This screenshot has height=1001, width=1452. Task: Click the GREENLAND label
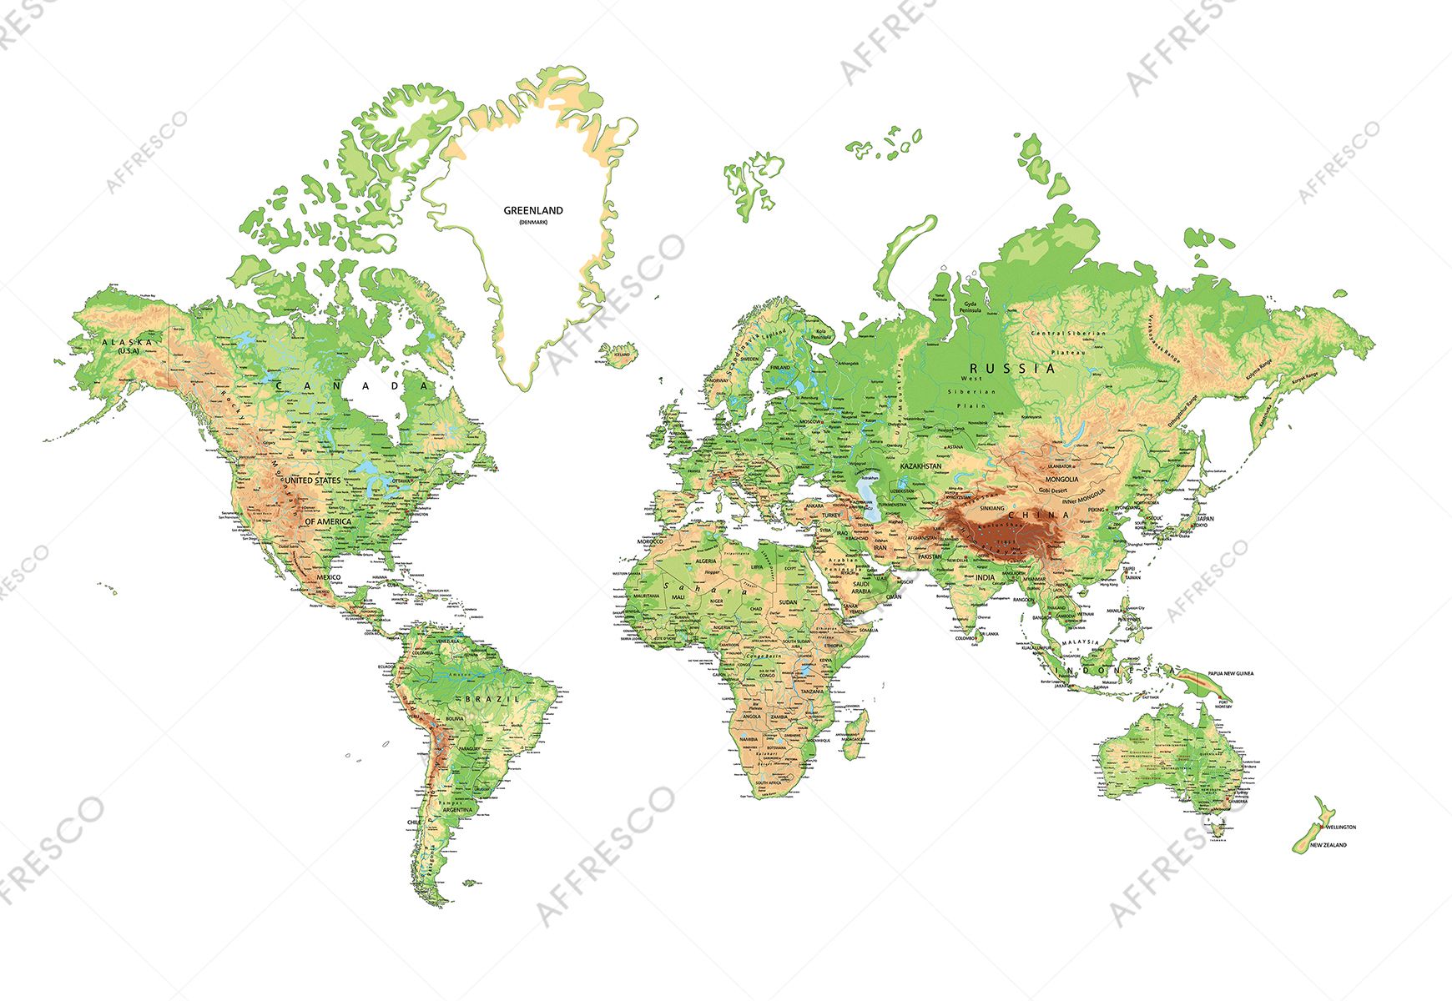[x=532, y=211]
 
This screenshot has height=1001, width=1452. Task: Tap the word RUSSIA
[x=1011, y=368]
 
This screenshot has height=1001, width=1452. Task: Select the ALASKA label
[x=127, y=342]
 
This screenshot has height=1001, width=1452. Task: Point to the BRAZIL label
[x=492, y=697]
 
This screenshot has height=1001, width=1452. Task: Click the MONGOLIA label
[x=1061, y=480]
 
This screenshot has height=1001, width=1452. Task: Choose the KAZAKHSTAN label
[x=920, y=466]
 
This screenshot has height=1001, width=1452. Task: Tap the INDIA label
[x=985, y=577]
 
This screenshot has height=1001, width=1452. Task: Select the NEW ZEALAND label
[x=1328, y=845]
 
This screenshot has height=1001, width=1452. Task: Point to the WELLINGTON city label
[x=1340, y=827]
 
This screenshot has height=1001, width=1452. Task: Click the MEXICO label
[x=328, y=577]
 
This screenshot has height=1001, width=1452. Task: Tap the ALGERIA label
[x=706, y=561]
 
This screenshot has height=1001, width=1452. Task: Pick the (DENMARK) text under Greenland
[x=532, y=223]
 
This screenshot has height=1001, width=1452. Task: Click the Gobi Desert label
[x=1055, y=490]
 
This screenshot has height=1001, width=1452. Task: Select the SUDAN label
[x=788, y=601]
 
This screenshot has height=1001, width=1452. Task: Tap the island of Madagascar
[x=855, y=734]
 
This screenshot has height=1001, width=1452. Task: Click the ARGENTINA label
[x=457, y=810]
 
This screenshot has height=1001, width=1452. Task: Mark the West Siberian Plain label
[x=972, y=391]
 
